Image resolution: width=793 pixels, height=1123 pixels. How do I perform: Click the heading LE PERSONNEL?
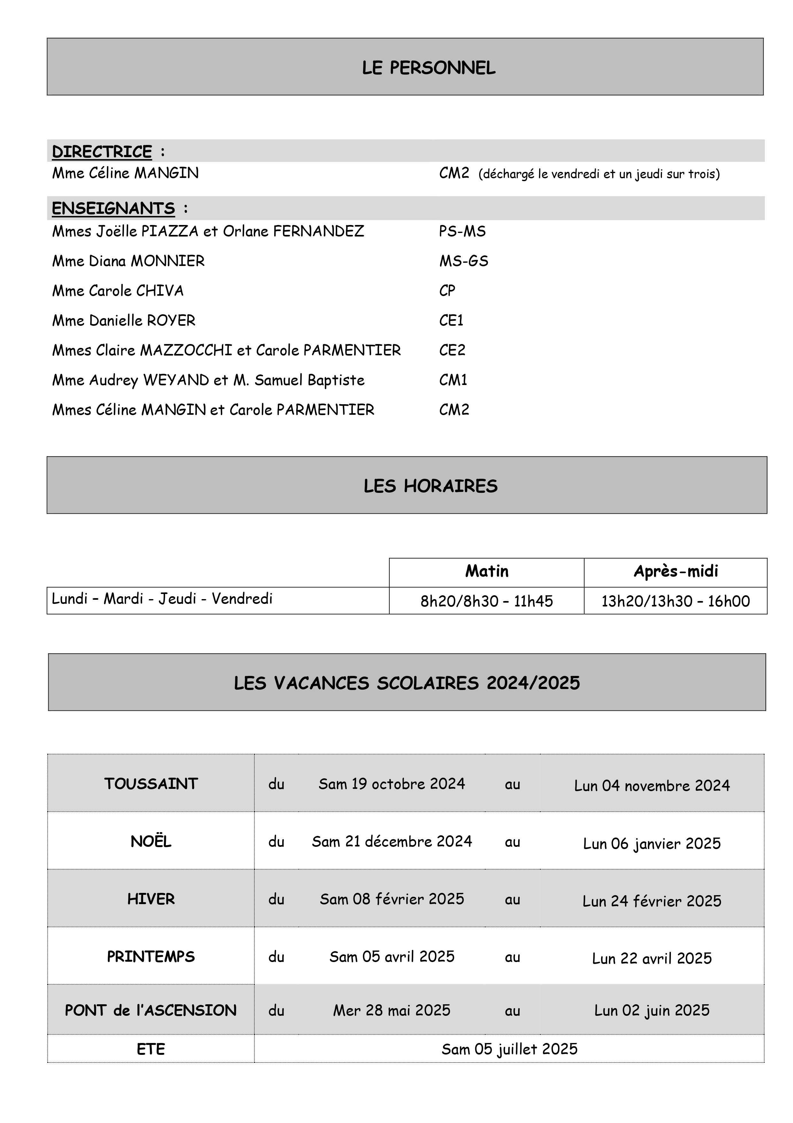(x=429, y=68)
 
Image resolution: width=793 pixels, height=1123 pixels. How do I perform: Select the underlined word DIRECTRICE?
(x=102, y=152)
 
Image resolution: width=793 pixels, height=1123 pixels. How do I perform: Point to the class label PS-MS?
(x=462, y=231)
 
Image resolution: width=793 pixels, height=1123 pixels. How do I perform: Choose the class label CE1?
(x=451, y=320)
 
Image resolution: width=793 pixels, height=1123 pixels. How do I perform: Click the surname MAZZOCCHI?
(x=186, y=350)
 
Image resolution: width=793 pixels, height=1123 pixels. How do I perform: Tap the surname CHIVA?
(x=160, y=291)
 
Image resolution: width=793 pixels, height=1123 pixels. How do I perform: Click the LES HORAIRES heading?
(x=431, y=486)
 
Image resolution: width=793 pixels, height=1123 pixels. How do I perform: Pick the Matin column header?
(x=487, y=571)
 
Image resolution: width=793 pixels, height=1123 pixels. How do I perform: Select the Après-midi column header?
(x=676, y=571)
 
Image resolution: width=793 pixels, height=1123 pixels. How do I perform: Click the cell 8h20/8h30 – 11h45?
(x=487, y=601)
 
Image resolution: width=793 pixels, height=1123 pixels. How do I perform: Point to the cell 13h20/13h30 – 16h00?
(x=675, y=601)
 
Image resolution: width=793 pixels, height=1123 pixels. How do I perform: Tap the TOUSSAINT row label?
(x=151, y=784)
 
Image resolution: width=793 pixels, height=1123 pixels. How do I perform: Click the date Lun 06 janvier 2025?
(x=652, y=844)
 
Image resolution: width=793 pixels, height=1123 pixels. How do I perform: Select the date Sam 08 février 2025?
(x=392, y=899)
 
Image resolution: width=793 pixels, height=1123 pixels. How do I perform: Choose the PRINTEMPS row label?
(x=151, y=957)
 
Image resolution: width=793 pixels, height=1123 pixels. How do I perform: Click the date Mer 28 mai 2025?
(x=392, y=1010)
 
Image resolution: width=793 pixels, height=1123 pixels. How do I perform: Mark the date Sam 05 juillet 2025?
(x=509, y=1049)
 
